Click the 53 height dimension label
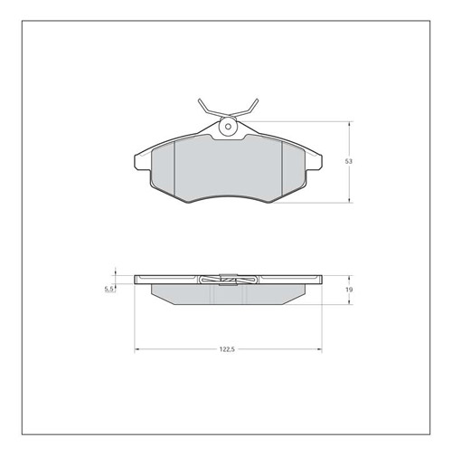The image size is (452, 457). pos(348,161)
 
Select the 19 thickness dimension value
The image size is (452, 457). pos(349,290)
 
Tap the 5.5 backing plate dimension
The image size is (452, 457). pos(108,289)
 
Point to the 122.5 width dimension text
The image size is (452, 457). pos(227,349)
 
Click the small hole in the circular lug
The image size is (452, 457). pos(228,127)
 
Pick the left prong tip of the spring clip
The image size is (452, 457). pos(200,100)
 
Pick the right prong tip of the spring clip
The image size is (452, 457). pos(257,100)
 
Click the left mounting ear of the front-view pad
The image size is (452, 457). pos(142,162)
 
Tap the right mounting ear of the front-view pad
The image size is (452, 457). pos(314,162)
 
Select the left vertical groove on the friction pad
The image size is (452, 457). pos(174,168)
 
